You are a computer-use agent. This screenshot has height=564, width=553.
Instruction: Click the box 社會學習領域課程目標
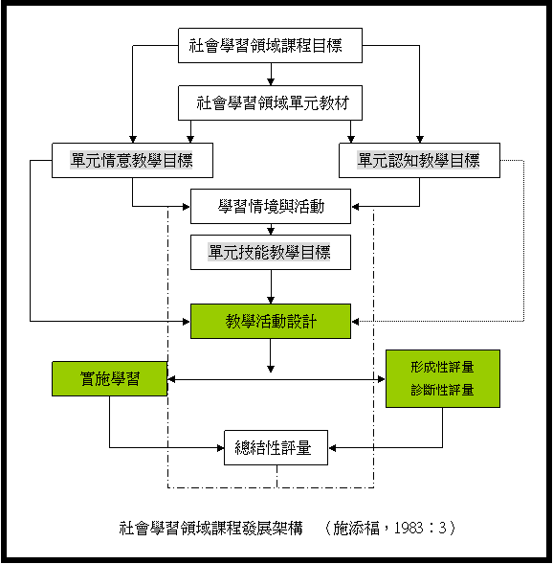[270, 45]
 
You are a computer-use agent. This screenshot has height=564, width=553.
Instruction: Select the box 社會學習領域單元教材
[270, 102]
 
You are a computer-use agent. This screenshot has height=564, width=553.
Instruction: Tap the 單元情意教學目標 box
[132, 161]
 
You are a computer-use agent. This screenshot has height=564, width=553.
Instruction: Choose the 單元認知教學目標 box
[419, 161]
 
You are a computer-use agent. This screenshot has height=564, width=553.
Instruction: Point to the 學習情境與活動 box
[271, 207]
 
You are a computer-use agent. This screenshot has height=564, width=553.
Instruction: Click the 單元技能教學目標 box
[271, 253]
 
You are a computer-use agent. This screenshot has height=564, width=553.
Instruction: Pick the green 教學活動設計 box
[271, 321]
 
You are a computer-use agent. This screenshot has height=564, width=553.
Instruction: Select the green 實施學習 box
[110, 379]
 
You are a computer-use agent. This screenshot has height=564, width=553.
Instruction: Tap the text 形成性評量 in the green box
[442, 368]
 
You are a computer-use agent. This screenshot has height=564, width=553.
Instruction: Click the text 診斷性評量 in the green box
[442, 390]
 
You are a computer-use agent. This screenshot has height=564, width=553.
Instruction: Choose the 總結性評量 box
[276, 448]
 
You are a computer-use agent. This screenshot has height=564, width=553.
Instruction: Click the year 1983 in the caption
[409, 528]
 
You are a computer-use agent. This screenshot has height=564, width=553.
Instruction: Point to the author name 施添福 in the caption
[356, 528]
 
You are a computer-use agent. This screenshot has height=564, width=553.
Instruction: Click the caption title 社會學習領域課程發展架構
[210, 528]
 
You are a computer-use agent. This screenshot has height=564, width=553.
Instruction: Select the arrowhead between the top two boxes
[271, 81]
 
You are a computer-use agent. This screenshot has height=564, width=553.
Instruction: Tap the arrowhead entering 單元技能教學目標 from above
[271, 231]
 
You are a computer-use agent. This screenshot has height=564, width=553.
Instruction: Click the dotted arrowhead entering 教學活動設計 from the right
[355, 321]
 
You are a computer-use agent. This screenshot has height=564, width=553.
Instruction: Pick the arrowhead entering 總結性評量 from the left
[220, 448]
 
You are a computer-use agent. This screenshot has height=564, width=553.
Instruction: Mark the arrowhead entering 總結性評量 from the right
[332, 448]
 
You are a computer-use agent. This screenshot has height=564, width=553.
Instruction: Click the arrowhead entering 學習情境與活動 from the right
[355, 207]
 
